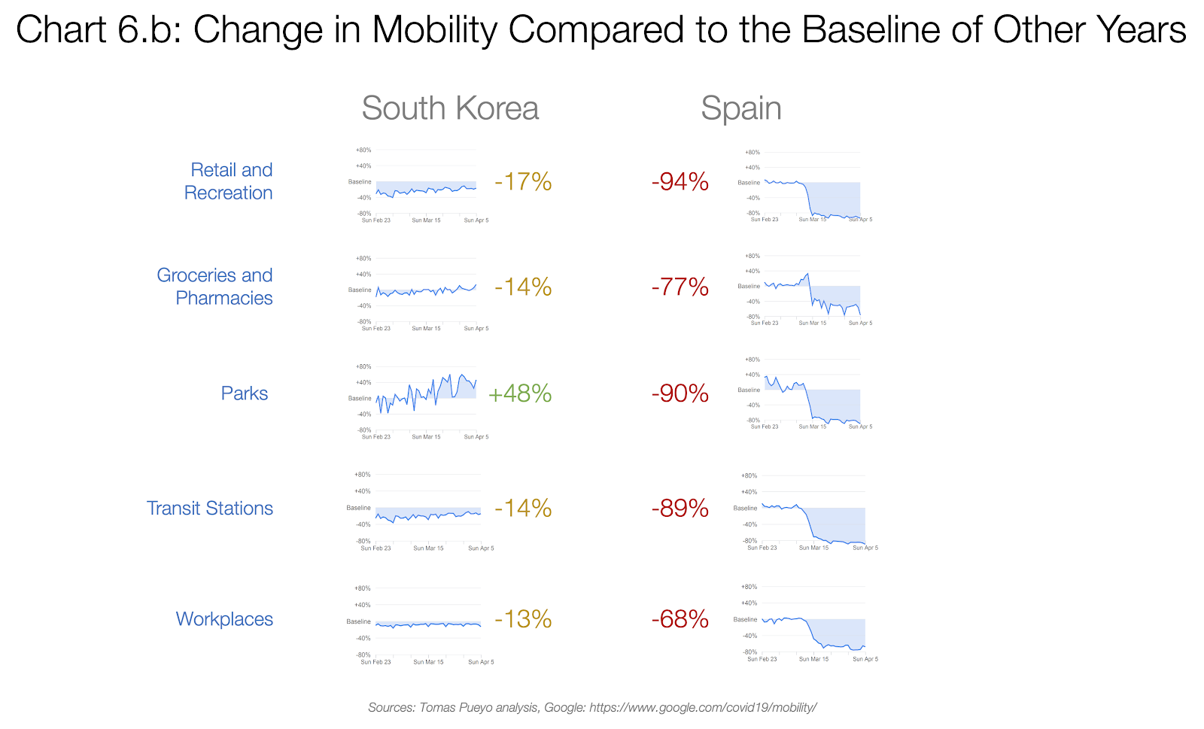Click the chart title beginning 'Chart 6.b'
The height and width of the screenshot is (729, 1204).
click(x=600, y=31)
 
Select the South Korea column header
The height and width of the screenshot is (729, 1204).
click(x=450, y=108)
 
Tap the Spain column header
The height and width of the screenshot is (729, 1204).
click(x=740, y=108)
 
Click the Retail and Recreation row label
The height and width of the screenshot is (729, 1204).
click(x=230, y=181)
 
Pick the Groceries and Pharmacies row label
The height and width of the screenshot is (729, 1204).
click(x=216, y=287)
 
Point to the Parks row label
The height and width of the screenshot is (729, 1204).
click(x=245, y=393)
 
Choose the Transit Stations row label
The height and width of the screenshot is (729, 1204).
click(x=210, y=509)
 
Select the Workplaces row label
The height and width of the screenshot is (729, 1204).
click(x=224, y=619)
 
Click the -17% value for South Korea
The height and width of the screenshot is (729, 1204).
click(x=523, y=182)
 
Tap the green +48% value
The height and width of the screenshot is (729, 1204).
click(x=520, y=393)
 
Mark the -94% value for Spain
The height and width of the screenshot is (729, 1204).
click(x=680, y=182)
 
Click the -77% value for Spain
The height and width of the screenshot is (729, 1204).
click(x=680, y=287)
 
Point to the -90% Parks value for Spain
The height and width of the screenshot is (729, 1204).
click(x=680, y=393)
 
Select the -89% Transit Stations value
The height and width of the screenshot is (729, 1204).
click(x=680, y=509)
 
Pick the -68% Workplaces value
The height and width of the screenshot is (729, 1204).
click(x=680, y=619)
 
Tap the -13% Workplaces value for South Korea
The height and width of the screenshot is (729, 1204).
click(x=523, y=619)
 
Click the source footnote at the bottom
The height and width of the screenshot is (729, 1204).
click(x=592, y=707)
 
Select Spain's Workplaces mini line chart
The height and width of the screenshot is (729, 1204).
click(x=813, y=621)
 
